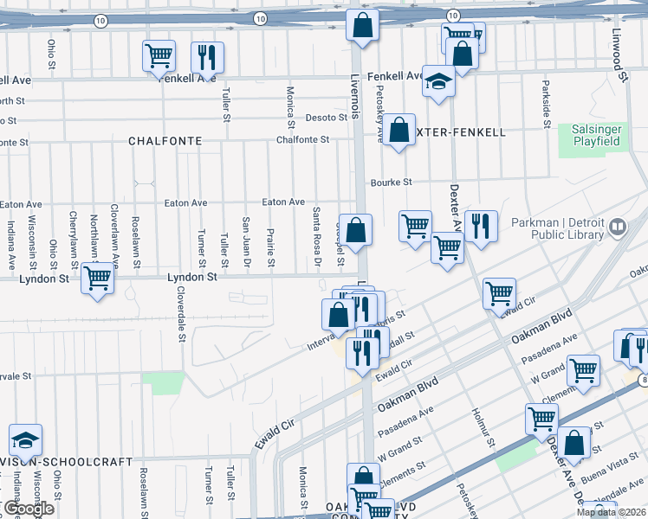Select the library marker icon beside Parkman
pos(618,228)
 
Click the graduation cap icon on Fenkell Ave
pos(439,81)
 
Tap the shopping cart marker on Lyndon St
pos(98,279)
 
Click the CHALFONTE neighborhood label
pos(165,140)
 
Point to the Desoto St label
pos(327,118)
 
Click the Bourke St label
pos(391,183)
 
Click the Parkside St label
pos(547,104)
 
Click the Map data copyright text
pos(611,513)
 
